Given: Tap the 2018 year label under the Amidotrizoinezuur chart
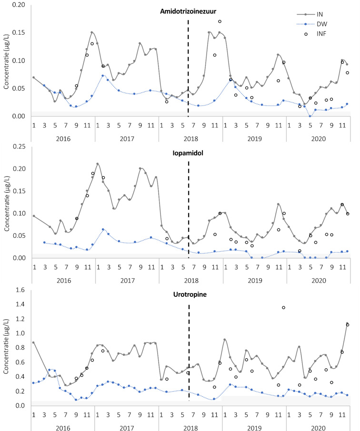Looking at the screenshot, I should point(190,138).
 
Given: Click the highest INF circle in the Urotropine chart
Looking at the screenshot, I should point(283,307).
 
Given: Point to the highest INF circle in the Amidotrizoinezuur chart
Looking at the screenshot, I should point(220,21).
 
